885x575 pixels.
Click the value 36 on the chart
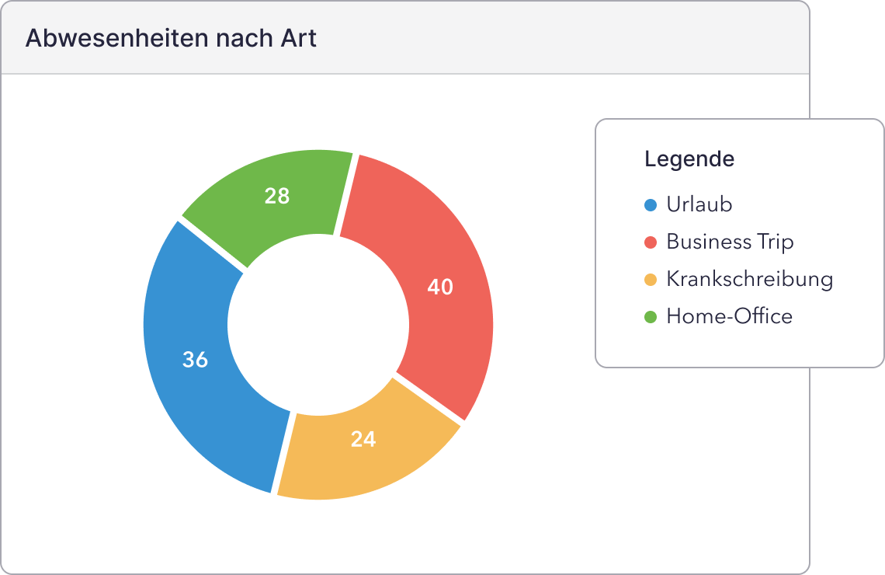(x=195, y=360)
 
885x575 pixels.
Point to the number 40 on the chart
(x=440, y=287)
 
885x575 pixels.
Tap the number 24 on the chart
(x=363, y=439)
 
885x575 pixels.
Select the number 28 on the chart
(x=277, y=196)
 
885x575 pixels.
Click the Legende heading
(x=689, y=159)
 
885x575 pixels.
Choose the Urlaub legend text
(x=699, y=204)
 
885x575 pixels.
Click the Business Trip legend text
(x=730, y=242)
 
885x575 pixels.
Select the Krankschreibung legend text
(x=749, y=279)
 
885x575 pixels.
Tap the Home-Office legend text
(x=729, y=316)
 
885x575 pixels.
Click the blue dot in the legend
(x=651, y=205)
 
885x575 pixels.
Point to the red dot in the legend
(x=651, y=242)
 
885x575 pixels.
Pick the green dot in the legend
(x=651, y=317)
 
